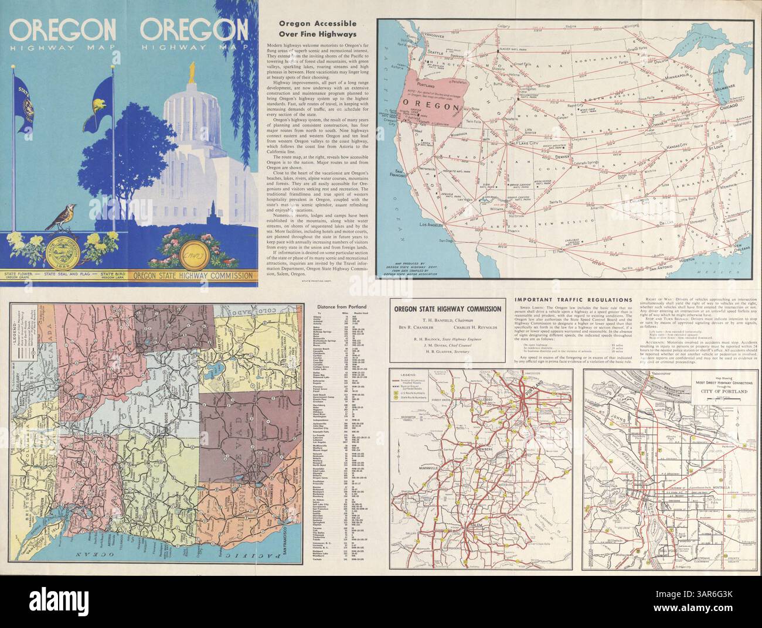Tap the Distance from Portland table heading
(x=341, y=306)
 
